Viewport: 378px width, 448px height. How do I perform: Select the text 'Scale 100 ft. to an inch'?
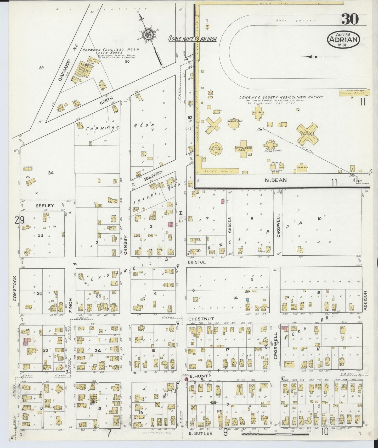pyautogui.click(x=192, y=39)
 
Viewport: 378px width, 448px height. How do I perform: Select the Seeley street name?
pyautogui.click(x=45, y=206)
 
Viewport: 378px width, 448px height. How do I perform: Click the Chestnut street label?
pyautogui.click(x=201, y=319)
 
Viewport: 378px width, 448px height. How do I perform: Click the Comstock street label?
pyautogui.click(x=15, y=288)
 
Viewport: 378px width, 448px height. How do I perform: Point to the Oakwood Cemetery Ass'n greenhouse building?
pyautogui.click(x=85, y=70)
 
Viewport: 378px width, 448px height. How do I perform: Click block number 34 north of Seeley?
pyautogui.click(x=51, y=173)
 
